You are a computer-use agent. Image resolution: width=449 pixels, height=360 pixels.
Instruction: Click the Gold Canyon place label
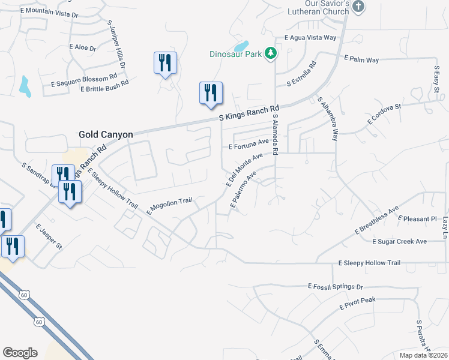[x=106, y=135]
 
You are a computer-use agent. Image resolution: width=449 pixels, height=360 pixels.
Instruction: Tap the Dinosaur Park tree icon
[x=271, y=53]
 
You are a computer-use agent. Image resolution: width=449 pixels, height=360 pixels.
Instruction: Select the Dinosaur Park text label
[x=235, y=54]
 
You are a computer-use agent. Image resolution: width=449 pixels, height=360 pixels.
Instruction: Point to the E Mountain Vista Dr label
[x=49, y=11]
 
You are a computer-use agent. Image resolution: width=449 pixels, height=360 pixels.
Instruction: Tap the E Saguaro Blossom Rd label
[x=83, y=79]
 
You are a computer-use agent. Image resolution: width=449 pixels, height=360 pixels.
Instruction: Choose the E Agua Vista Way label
[x=310, y=37]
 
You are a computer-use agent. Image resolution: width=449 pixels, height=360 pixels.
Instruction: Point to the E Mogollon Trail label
[x=169, y=206]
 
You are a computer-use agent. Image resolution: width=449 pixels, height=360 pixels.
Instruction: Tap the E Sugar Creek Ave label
[x=399, y=241]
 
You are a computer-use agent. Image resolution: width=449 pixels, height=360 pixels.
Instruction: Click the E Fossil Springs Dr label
[x=336, y=287]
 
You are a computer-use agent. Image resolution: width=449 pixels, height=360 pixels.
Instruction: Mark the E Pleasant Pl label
[x=418, y=219]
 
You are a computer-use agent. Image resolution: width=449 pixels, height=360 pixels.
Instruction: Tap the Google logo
[x=20, y=353]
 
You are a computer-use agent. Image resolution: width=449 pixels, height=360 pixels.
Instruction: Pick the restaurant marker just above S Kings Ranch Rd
[x=211, y=94]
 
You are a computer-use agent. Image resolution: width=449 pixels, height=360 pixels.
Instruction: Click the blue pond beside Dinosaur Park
[x=241, y=46]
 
